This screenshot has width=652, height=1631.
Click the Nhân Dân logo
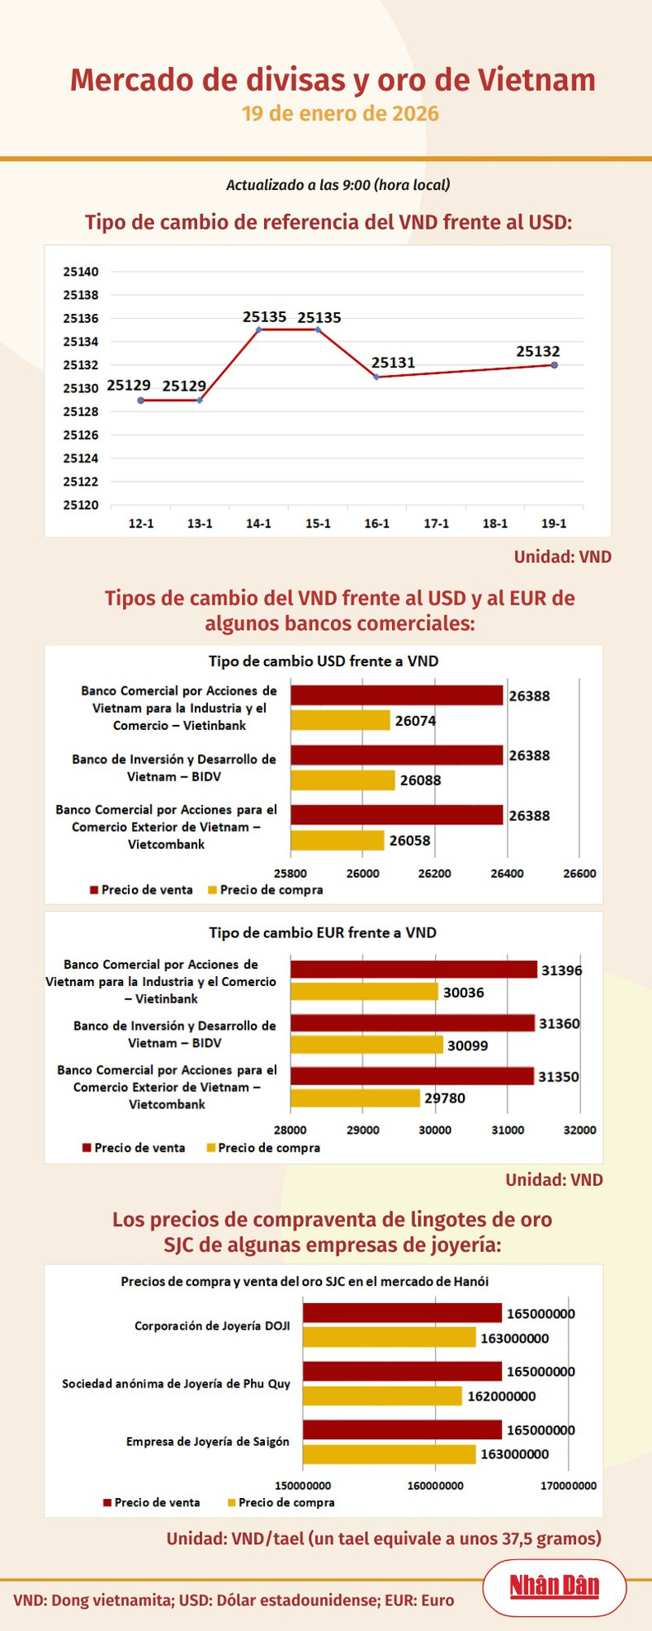pos(554,1586)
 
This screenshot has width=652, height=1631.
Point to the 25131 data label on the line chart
pos(393,363)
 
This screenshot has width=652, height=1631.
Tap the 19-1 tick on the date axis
pos(554,524)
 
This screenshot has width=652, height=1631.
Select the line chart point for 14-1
pos(259,330)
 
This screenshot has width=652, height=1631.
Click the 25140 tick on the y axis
pos(81,272)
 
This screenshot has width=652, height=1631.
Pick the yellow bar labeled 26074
pos(340,720)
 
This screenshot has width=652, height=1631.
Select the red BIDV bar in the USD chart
pos(396,755)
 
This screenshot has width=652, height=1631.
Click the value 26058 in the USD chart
pos(410,841)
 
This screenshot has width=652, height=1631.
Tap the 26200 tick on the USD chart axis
pos(435,874)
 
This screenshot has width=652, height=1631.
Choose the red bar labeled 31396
pos(413,970)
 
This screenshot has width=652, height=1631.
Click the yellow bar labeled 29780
pos(355,1098)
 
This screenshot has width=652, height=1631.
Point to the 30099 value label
pos(467,1045)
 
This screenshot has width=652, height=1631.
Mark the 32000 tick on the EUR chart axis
pos(579,1131)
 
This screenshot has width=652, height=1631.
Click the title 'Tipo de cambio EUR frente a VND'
pos(323,932)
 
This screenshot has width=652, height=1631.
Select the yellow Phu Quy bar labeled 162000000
pos(382,1396)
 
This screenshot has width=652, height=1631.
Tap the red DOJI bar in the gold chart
pos(402,1313)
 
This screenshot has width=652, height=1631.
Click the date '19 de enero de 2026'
pos(340,114)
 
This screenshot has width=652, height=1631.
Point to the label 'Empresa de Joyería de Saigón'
pos(208,1441)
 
